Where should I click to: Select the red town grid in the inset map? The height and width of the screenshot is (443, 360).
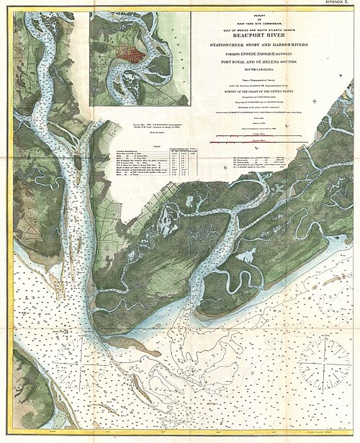click(x=132, y=55)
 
